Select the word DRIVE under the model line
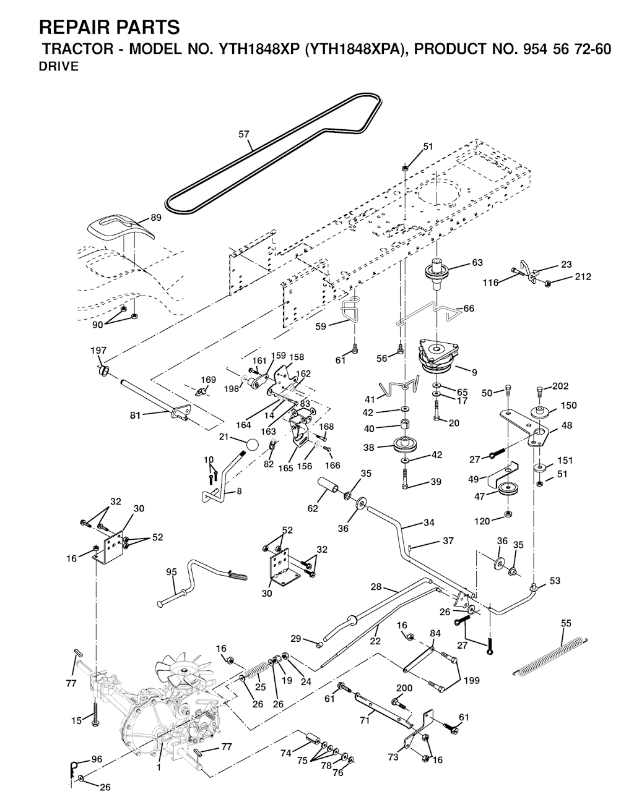click(59, 67)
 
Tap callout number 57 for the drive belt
click(243, 133)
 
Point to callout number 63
click(477, 263)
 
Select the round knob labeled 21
click(251, 445)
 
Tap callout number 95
click(172, 572)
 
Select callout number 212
click(582, 276)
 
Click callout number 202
click(560, 386)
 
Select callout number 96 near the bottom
click(96, 759)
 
